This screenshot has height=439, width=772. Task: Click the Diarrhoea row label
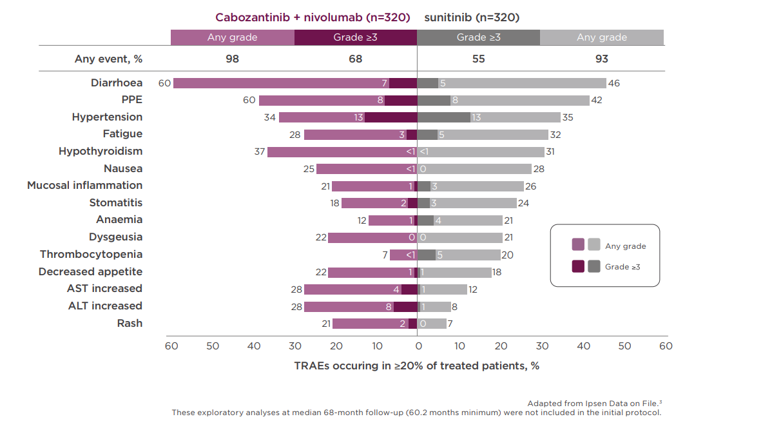point(117,83)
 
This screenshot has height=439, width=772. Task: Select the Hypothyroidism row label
point(101,151)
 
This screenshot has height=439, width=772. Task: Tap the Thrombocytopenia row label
point(91,255)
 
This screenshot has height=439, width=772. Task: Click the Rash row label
point(130,323)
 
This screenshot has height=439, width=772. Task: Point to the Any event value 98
point(232,59)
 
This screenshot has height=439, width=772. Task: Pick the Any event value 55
point(478,59)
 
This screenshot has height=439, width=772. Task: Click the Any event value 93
point(601,59)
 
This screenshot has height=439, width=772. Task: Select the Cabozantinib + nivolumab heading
point(313,17)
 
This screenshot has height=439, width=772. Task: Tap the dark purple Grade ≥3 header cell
point(355,37)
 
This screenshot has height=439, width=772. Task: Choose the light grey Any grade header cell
point(601,37)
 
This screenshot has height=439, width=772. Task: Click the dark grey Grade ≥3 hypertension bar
point(444,117)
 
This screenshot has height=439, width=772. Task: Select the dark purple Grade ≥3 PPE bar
point(401,101)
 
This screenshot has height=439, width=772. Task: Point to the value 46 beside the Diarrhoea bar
point(615,83)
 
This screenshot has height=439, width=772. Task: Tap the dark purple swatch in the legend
point(578,266)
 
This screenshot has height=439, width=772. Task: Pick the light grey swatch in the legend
point(593,245)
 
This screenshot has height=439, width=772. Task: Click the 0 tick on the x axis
point(417,346)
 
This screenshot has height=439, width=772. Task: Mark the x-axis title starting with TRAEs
point(416,366)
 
